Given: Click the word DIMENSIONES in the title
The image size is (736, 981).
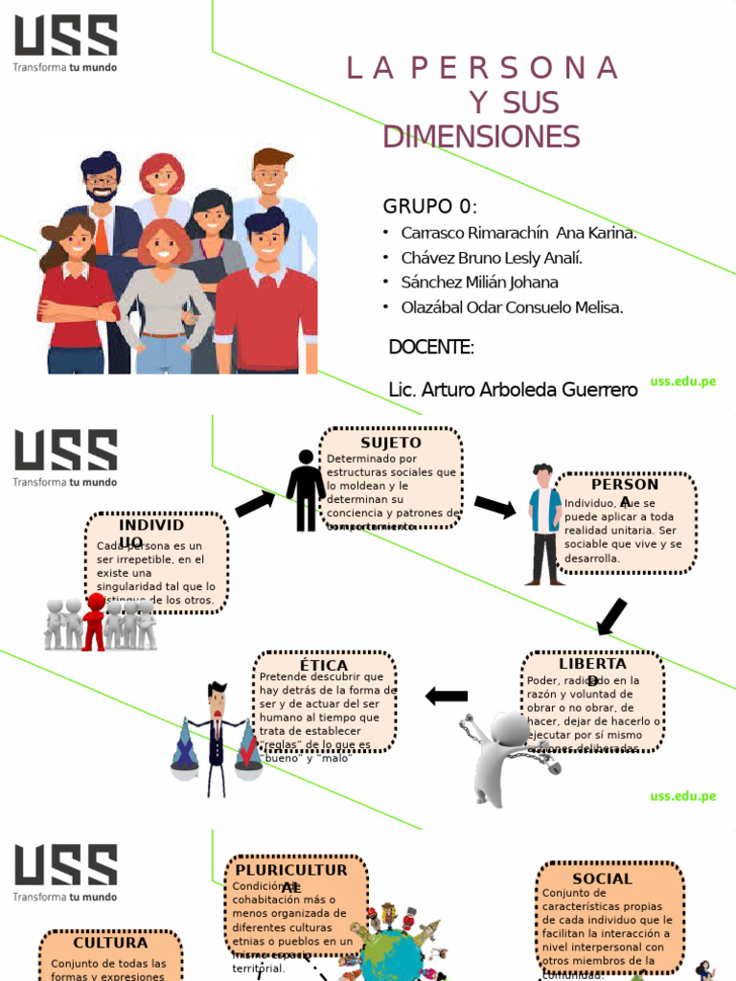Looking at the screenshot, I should click(x=481, y=137).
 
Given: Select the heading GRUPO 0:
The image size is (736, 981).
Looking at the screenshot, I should click(x=430, y=207).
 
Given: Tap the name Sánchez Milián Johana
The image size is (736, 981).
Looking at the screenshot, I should click(x=479, y=283).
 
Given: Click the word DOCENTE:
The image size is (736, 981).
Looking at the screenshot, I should click(x=431, y=347).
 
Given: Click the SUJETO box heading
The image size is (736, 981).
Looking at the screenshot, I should click(x=390, y=443).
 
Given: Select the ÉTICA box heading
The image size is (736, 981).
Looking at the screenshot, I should click(x=324, y=665).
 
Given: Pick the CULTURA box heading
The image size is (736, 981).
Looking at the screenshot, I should click(x=110, y=943).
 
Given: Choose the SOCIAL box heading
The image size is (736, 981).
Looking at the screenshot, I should click(x=602, y=878).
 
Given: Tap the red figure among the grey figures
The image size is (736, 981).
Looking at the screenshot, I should click(x=94, y=622).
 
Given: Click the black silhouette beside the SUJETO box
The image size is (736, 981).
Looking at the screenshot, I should click(x=306, y=490).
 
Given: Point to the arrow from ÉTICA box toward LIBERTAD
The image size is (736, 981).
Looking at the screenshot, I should click(x=447, y=696).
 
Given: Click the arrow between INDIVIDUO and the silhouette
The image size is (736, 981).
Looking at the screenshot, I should click(x=255, y=504).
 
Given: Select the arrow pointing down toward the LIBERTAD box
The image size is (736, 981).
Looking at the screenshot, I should click(x=611, y=616).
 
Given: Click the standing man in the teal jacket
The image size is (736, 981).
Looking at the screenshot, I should click(x=544, y=524).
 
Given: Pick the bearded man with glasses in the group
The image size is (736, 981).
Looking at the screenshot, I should click(x=101, y=192).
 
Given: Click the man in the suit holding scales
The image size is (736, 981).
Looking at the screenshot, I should click(x=217, y=737).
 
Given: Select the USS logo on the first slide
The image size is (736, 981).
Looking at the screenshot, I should click(x=65, y=44).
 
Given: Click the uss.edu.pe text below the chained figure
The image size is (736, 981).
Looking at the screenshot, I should click(x=683, y=796).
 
